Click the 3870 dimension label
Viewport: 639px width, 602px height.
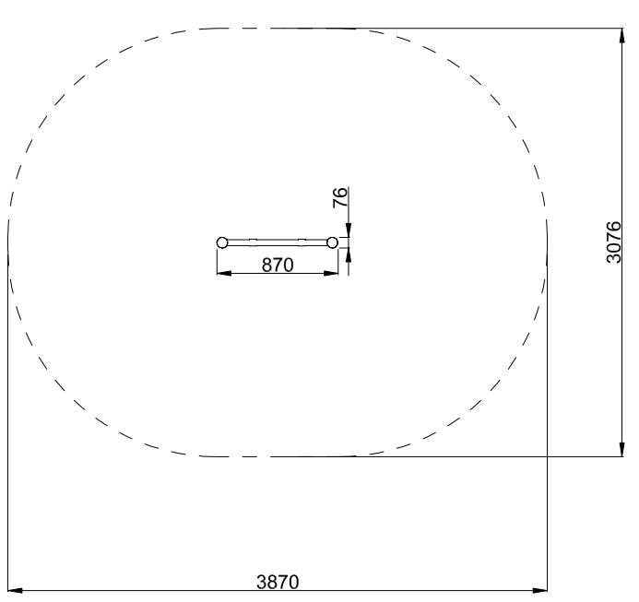[278, 582]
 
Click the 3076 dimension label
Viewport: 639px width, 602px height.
[613, 242]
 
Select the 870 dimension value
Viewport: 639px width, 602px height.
[278, 265]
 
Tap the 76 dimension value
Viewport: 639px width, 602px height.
[340, 197]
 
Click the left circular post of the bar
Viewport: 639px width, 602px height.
[222, 242]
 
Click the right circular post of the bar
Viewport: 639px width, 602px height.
[333, 242]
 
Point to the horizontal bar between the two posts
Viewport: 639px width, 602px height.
[278, 242]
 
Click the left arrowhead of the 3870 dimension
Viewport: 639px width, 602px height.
[15, 590]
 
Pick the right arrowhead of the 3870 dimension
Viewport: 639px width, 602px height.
[540, 590]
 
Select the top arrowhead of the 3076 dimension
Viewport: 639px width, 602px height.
[621, 35]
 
